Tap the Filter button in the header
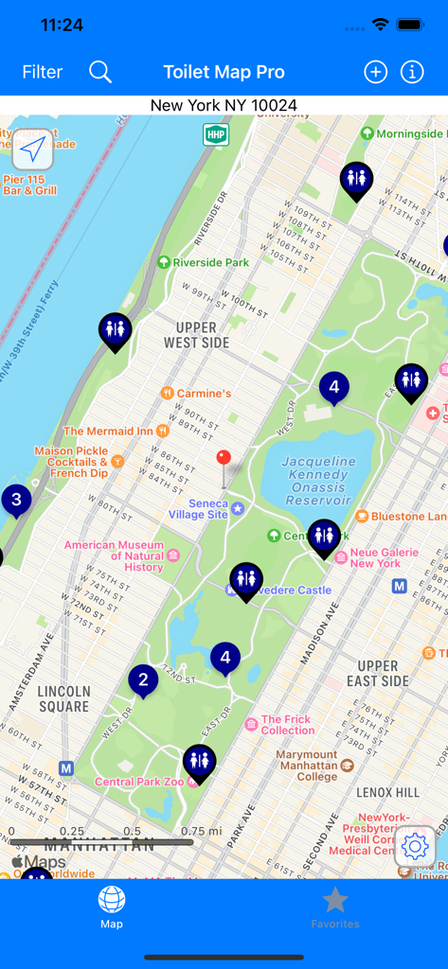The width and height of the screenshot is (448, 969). pyautogui.click(x=43, y=72)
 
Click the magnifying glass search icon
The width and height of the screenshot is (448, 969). pyautogui.click(x=100, y=72)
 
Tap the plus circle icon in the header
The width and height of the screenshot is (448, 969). pyautogui.click(x=375, y=72)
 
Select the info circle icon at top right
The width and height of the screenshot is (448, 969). pyautogui.click(x=412, y=72)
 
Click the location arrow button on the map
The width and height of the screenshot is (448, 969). pyautogui.click(x=33, y=150)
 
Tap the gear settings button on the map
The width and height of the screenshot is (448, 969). pyautogui.click(x=415, y=846)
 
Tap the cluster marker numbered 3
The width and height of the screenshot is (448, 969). pyautogui.click(x=16, y=499)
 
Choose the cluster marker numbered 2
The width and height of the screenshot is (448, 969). pyautogui.click(x=143, y=678)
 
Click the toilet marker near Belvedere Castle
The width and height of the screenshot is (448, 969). pyautogui.click(x=246, y=578)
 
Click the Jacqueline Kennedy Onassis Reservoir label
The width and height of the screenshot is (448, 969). pyautogui.click(x=317, y=481)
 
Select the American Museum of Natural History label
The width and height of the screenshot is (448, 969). pyautogui.click(x=115, y=555)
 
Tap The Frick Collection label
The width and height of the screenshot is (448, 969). pyautogui.click(x=287, y=725)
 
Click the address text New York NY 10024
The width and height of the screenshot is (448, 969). pyautogui.click(x=224, y=106)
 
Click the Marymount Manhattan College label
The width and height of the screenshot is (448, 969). pyautogui.click(x=308, y=766)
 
